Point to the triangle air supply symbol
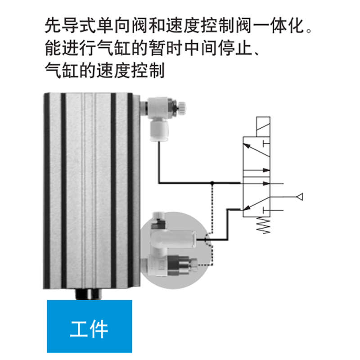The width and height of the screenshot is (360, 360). click(x=299, y=197)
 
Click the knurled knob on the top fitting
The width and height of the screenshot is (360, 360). click(x=183, y=107)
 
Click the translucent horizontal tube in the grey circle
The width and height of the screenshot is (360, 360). click(x=178, y=237)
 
